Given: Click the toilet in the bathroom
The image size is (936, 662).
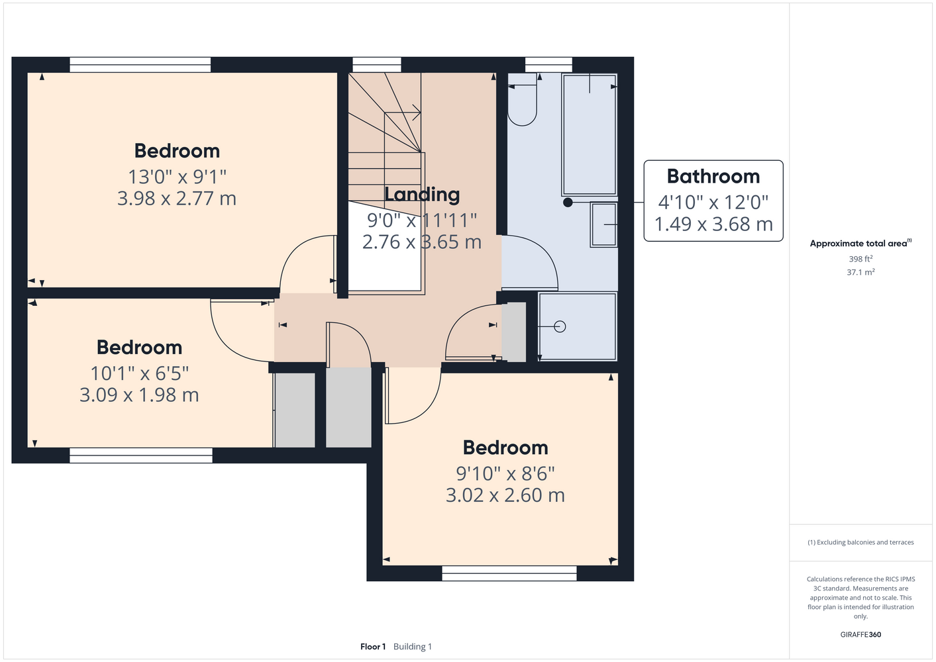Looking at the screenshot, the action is click(x=522, y=99).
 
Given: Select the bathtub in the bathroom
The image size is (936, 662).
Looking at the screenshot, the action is click(x=590, y=134).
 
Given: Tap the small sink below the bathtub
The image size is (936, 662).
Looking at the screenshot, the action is click(x=604, y=224).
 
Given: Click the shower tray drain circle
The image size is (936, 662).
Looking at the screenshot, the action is click(x=560, y=326).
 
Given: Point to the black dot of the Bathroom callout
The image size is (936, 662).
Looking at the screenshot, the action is click(x=568, y=203).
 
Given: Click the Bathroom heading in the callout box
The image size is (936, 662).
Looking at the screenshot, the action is click(x=713, y=176).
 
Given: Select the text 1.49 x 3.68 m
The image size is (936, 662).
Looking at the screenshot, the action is click(x=713, y=224).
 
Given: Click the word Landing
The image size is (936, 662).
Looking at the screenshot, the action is click(x=422, y=195).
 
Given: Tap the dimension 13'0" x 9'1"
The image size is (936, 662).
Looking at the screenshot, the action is click(x=177, y=177).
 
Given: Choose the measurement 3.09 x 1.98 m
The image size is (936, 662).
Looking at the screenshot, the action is click(x=139, y=395).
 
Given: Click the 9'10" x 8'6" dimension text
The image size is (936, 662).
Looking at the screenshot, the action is click(x=505, y=473).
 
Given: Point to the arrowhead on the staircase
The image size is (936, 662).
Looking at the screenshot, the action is click(x=416, y=112).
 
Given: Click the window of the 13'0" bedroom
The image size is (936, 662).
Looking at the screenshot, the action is click(x=140, y=65).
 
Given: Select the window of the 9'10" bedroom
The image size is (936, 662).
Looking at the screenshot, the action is click(x=509, y=573).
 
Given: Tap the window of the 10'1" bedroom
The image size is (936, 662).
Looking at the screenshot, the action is click(x=141, y=455).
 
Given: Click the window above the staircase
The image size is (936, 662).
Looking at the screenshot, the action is click(x=377, y=65).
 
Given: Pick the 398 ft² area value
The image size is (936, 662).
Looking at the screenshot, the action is click(x=860, y=259).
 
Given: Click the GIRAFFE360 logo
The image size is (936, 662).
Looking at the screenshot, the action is click(x=860, y=634).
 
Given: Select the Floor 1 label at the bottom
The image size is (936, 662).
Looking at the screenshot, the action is click(x=373, y=647).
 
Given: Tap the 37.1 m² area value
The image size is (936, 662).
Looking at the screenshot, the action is click(x=860, y=272).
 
